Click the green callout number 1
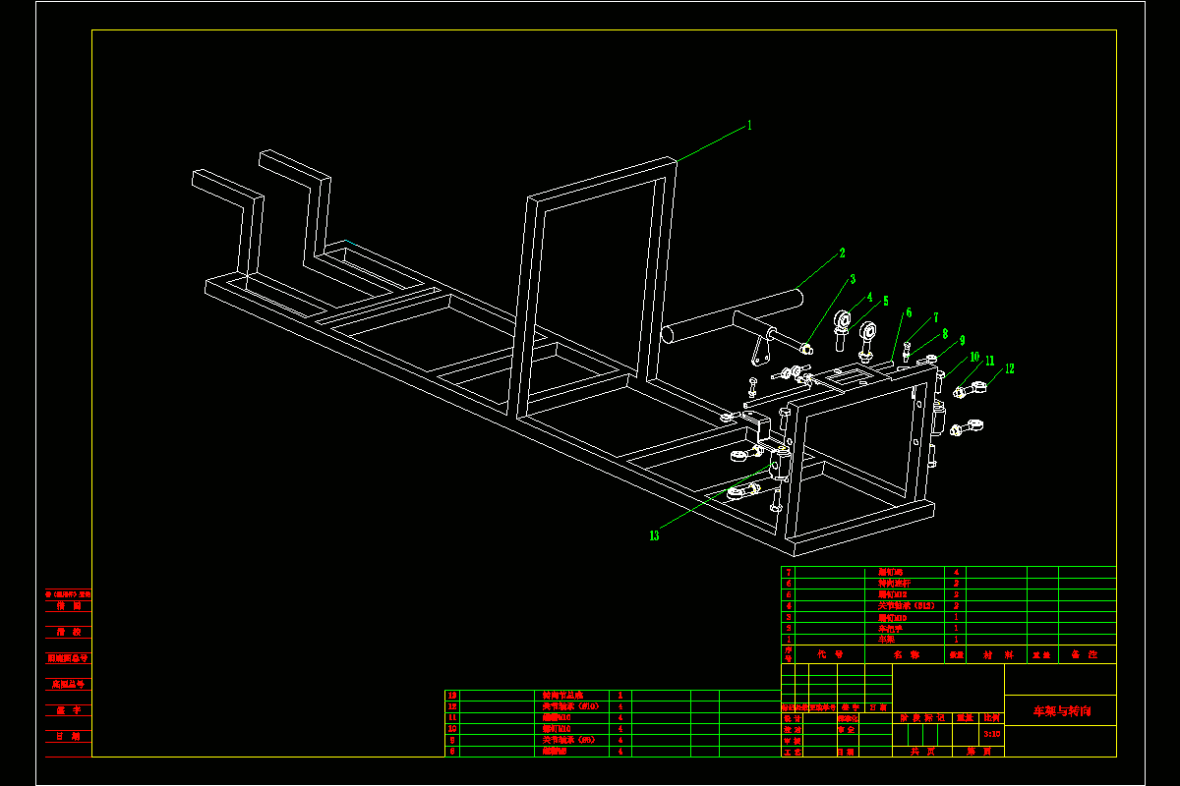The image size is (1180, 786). (749, 126)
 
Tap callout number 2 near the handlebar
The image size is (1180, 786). (843, 253)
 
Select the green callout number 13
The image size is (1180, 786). (654, 535)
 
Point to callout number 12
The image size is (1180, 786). (1009, 369)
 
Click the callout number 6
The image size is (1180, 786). (909, 313)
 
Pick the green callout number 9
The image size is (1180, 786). (963, 340)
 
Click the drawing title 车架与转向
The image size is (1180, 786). (1061, 710)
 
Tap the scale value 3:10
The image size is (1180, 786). (992, 733)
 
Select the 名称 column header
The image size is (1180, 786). (906, 653)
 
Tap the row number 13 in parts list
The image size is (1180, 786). (452, 695)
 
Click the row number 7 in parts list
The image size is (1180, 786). (788, 572)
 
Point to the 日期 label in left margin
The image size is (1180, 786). (68, 736)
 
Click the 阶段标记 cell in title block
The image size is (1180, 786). (921, 718)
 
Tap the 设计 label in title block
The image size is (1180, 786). (792, 718)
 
